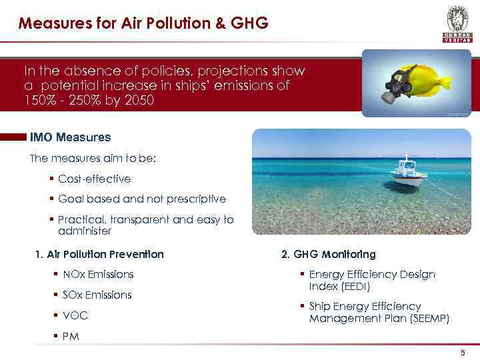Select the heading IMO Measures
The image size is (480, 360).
tap(70, 137)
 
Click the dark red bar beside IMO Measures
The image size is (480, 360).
tap(13, 137)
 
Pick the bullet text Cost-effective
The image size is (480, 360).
tap(94, 179)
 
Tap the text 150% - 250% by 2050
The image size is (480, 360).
tap(88, 100)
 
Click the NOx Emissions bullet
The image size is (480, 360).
tap(97, 274)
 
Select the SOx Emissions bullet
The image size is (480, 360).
tap(97, 295)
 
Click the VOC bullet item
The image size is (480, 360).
tap(75, 315)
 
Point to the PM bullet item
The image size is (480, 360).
tap(71, 337)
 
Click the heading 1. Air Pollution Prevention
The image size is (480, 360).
tap(99, 254)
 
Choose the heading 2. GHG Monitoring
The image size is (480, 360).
tap(328, 254)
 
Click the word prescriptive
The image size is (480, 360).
tap(197, 199)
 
